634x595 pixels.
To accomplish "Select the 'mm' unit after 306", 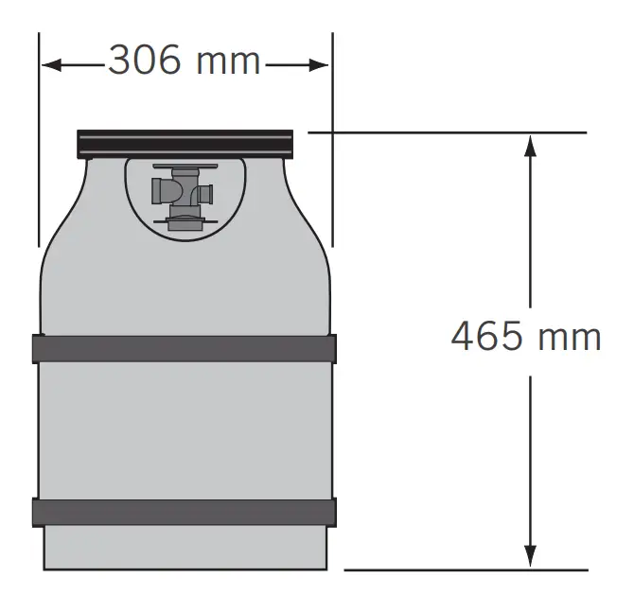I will pos(227,61).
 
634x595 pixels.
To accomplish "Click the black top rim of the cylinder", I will pos(185,145).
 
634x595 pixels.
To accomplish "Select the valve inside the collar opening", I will pos(184,194).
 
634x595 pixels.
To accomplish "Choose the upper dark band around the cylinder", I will pos(184,348).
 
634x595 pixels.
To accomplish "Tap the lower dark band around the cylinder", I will pos(184,512).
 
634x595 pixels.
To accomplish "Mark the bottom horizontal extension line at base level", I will pos(464,569).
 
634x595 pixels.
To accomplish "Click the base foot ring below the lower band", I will pos(184,548).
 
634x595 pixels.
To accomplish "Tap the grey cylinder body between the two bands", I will pos(184,429).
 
